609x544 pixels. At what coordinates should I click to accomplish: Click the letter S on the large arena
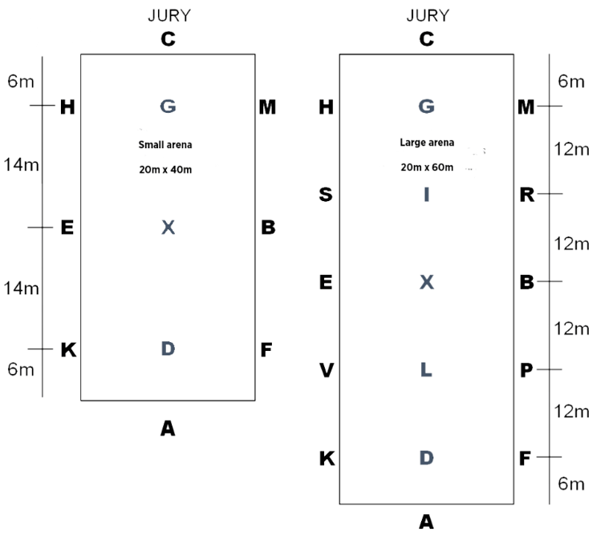(x=326, y=195)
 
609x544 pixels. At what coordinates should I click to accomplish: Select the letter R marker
(x=526, y=195)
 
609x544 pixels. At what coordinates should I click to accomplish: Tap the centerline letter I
(x=426, y=195)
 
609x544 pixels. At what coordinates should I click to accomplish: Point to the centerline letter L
(x=426, y=370)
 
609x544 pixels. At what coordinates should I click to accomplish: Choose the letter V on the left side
(x=326, y=370)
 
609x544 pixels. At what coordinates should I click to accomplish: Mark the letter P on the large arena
(x=526, y=370)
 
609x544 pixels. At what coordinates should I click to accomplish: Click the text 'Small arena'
(x=165, y=145)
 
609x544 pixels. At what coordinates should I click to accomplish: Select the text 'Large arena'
(x=427, y=143)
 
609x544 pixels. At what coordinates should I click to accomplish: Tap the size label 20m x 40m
(x=165, y=169)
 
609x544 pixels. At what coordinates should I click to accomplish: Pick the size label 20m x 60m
(x=427, y=167)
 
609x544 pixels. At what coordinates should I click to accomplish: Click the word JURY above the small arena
(x=168, y=16)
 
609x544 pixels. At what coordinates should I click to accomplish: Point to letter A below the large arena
(x=426, y=522)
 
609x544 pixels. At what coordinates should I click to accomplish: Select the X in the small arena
(x=167, y=228)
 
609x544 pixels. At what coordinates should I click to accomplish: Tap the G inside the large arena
(x=426, y=106)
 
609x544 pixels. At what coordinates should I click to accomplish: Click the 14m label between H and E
(x=21, y=165)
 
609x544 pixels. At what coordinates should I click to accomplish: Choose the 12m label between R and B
(x=572, y=244)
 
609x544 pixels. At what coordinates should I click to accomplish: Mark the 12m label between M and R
(x=572, y=149)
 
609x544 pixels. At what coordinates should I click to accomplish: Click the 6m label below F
(x=572, y=484)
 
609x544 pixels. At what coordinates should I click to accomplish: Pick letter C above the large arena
(x=426, y=38)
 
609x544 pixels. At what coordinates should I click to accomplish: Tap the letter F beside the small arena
(x=267, y=349)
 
